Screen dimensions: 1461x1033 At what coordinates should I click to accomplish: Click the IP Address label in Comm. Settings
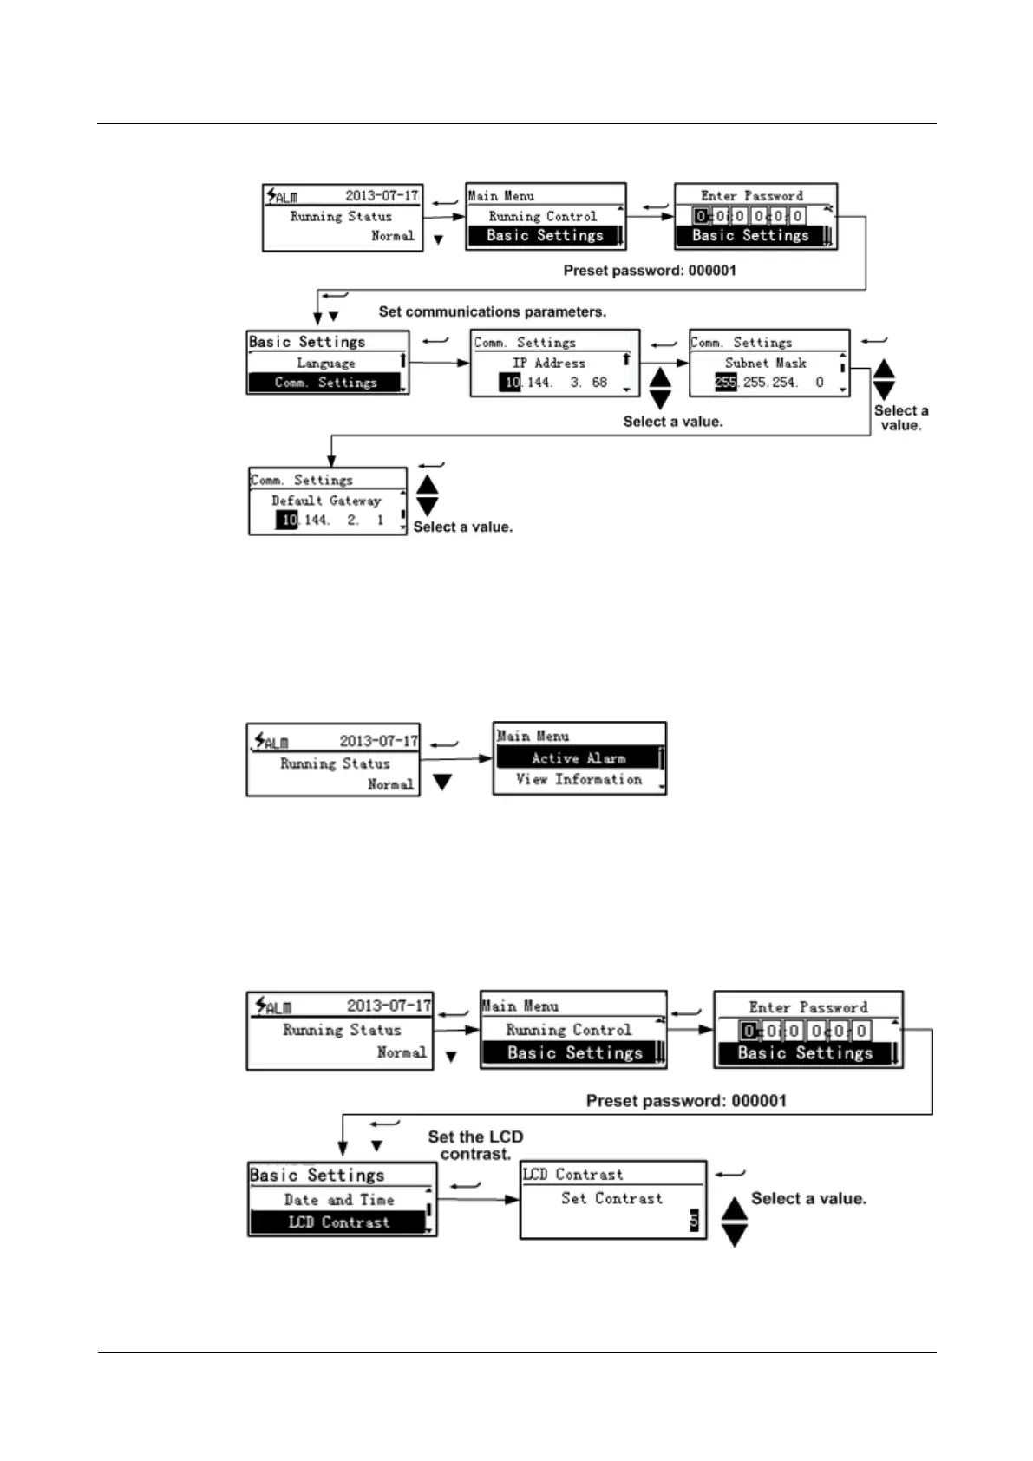(548, 363)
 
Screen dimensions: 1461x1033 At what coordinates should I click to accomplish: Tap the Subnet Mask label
(765, 363)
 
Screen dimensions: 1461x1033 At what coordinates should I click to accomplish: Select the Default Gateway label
(326, 501)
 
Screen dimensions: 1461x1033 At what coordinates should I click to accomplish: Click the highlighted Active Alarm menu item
(578, 758)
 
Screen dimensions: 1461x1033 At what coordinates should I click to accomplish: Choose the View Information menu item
(579, 780)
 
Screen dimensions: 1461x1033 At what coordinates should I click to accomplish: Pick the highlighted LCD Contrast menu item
(338, 1222)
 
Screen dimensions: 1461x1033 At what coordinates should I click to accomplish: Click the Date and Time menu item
(338, 1200)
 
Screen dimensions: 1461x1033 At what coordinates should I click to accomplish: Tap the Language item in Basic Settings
(325, 364)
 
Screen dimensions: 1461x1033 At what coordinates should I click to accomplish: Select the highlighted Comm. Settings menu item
(325, 383)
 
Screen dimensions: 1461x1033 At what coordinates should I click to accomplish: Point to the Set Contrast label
(611, 1198)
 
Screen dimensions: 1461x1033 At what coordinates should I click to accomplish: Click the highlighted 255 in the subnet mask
(725, 383)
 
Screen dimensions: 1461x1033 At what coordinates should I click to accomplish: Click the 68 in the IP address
(599, 383)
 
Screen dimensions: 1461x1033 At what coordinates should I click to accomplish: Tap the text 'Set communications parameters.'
(493, 311)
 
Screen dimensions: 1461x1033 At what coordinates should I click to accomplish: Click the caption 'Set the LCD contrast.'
(475, 1145)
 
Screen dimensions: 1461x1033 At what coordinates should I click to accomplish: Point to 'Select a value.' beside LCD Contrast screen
(808, 1198)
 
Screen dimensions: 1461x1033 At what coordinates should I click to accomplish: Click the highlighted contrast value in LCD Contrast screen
(693, 1222)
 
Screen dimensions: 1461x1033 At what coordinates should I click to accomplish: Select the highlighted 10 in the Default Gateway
(287, 521)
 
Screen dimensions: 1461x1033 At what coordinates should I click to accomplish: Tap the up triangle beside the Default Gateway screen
(428, 484)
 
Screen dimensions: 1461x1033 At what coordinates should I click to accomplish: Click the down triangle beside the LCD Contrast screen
(735, 1235)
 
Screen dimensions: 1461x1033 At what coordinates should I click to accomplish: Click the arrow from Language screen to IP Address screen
(439, 363)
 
